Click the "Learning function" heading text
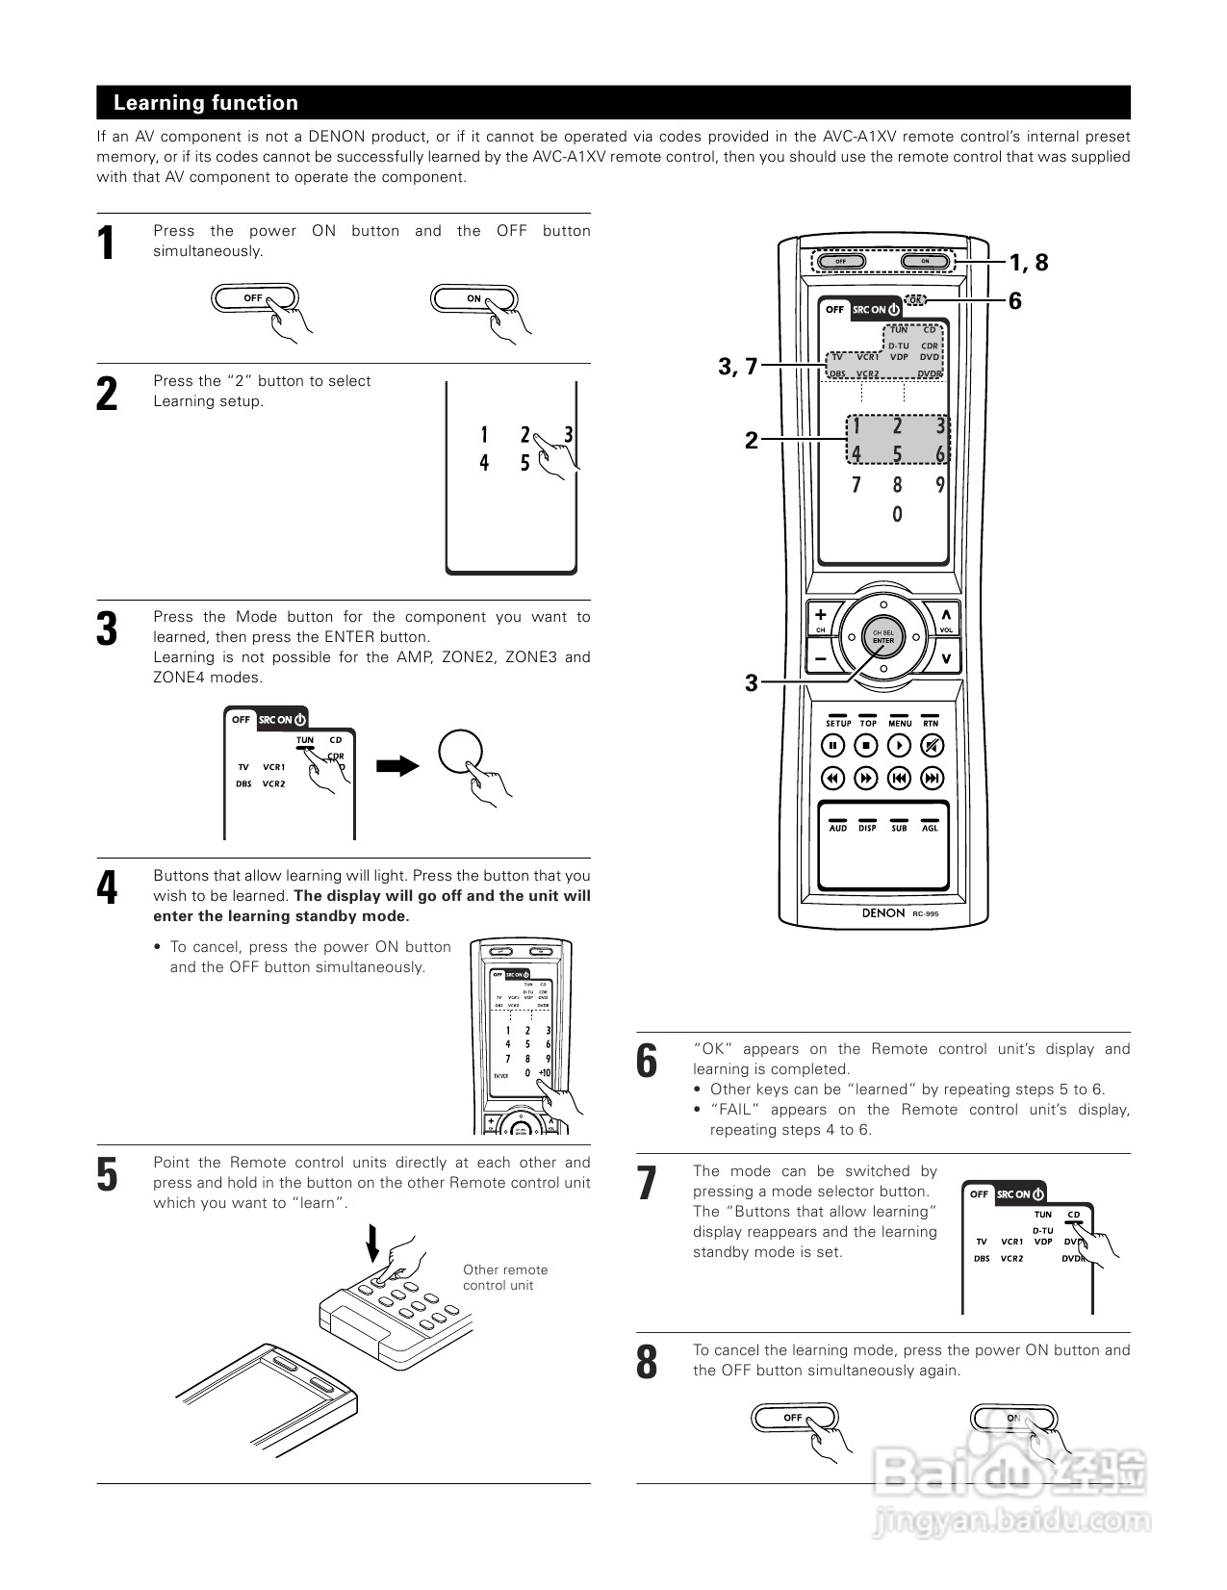click(x=206, y=103)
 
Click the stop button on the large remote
click(x=866, y=745)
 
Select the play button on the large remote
click(x=899, y=745)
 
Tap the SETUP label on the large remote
click(x=837, y=723)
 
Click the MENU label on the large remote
click(x=899, y=723)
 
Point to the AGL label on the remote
click(x=930, y=828)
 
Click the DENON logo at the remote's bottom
click(x=882, y=912)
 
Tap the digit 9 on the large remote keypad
click(x=940, y=485)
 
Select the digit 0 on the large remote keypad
click(x=897, y=515)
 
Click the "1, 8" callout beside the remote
click(x=1028, y=262)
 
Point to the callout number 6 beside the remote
click(x=1015, y=301)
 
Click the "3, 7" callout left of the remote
click(x=738, y=366)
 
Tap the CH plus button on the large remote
click(x=821, y=616)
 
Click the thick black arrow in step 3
click(x=396, y=766)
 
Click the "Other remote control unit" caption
click(x=504, y=1277)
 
